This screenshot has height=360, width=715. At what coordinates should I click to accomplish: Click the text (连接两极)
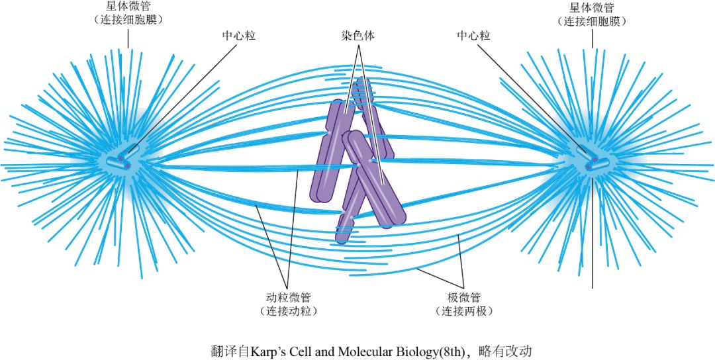click(463, 310)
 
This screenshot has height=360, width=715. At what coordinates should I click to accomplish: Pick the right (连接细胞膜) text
click(592, 21)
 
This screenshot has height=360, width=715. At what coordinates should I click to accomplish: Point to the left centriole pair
click(124, 159)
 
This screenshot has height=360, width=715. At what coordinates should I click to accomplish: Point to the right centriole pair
click(591, 161)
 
